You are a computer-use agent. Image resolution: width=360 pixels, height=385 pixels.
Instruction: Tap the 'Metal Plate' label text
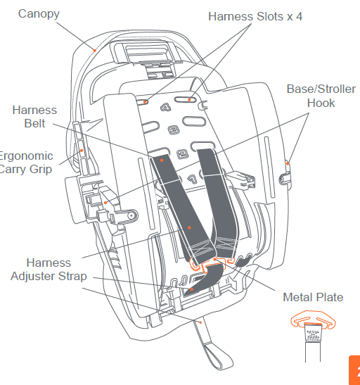[x=313, y=297]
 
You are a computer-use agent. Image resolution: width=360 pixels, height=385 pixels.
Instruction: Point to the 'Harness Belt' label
[x=34, y=118]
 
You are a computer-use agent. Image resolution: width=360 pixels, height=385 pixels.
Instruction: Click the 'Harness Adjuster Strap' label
[x=48, y=270]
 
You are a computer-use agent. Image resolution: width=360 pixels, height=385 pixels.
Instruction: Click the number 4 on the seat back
[x=166, y=108]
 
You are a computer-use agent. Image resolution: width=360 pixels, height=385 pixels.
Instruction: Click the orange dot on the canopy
[x=94, y=48]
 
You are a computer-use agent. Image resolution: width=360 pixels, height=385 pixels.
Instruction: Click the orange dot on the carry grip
[x=82, y=151]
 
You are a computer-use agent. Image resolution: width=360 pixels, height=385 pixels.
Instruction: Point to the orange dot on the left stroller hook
[x=105, y=203]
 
